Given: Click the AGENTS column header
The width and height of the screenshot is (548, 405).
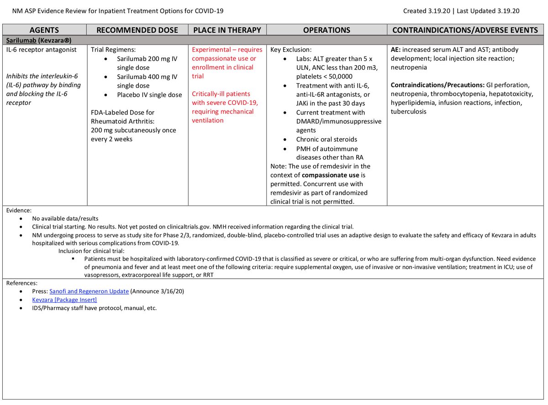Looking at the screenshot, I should pyautogui.click(x=44, y=30).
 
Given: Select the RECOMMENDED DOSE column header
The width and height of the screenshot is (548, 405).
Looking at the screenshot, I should pyautogui.click(x=137, y=30).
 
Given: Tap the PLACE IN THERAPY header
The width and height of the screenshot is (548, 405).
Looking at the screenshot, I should pyautogui.click(x=227, y=30).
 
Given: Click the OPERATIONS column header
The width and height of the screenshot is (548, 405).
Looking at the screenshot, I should pyautogui.click(x=327, y=30).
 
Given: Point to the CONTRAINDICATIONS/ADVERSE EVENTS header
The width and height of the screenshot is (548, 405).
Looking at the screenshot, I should pyautogui.click(x=465, y=30).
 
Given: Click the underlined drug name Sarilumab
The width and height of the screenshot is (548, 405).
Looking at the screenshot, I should pyautogui.click(x=22, y=40).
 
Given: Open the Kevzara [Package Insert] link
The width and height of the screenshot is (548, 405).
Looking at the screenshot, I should pyautogui.click(x=64, y=300).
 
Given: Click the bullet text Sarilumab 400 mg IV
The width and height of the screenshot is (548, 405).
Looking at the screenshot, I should pyautogui.click(x=147, y=77).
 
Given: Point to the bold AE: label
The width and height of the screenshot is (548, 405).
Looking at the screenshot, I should pyautogui.click(x=396, y=50).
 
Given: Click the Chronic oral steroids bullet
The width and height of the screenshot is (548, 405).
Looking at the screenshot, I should pyautogui.click(x=327, y=139).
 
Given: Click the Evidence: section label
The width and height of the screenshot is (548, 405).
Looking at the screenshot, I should pyautogui.click(x=19, y=210).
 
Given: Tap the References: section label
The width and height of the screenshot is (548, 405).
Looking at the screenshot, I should pyautogui.click(x=22, y=283).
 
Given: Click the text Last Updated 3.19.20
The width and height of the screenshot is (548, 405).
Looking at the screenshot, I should pyautogui.click(x=485, y=11).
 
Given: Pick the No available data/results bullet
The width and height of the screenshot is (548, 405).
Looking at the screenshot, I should pyautogui.click(x=65, y=218).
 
